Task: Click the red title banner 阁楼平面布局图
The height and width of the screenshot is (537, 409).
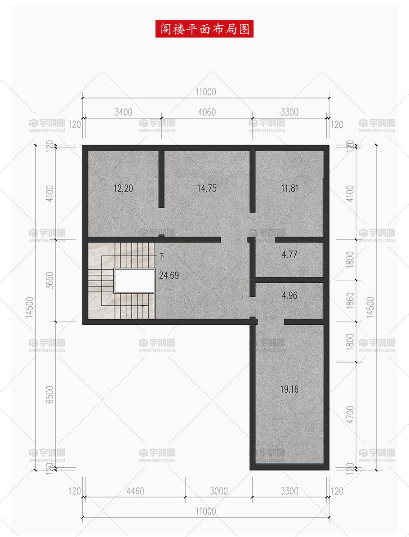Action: click(x=204, y=29)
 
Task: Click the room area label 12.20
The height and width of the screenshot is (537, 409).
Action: click(x=123, y=188)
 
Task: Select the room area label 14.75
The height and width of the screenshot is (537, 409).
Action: click(x=207, y=188)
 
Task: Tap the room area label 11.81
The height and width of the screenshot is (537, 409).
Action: click(x=289, y=188)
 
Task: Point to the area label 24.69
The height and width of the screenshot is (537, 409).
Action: click(x=169, y=275)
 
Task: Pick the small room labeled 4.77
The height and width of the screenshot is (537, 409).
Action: click(x=289, y=259)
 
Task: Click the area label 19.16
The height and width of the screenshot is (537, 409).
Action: click(x=289, y=389)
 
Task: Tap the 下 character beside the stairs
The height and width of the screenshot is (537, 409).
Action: click(x=162, y=256)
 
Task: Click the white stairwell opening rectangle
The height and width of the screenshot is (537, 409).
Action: click(x=134, y=281)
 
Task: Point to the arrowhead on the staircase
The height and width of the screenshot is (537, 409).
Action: click(x=145, y=305)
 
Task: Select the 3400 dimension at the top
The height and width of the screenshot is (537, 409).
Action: click(x=123, y=112)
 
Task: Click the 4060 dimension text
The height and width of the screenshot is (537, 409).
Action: click(x=207, y=112)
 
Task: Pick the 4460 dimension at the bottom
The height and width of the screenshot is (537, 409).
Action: click(x=135, y=491)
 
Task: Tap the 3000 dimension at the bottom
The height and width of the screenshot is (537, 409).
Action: click(x=219, y=491)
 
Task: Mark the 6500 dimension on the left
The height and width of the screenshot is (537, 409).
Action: click(x=49, y=394)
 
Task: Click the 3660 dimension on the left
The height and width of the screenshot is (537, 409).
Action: click(x=49, y=281)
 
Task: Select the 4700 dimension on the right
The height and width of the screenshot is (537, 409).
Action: click(x=350, y=414)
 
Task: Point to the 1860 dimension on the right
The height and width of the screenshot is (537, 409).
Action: click(x=350, y=300)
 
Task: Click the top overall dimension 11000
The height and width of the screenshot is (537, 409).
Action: click(x=206, y=92)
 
